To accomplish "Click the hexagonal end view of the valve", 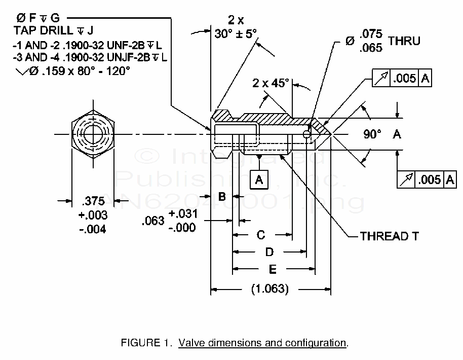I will [x=93, y=134].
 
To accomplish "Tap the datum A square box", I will [x=259, y=179].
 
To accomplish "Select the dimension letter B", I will [x=221, y=196].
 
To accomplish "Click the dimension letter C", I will [x=261, y=235].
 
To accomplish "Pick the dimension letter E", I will [x=273, y=269].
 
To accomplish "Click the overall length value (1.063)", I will [x=270, y=290].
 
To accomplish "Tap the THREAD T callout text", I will [x=389, y=236].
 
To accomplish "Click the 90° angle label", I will [x=372, y=134].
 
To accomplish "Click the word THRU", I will [x=404, y=41].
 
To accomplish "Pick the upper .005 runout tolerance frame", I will [x=402, y=78].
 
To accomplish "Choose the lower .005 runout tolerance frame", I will [x=427, y=179].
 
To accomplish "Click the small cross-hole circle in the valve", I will [x=306, y=134].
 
